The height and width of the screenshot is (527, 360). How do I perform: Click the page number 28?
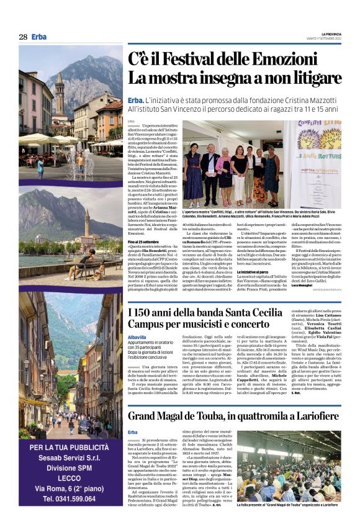click(x=23, y=37)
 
